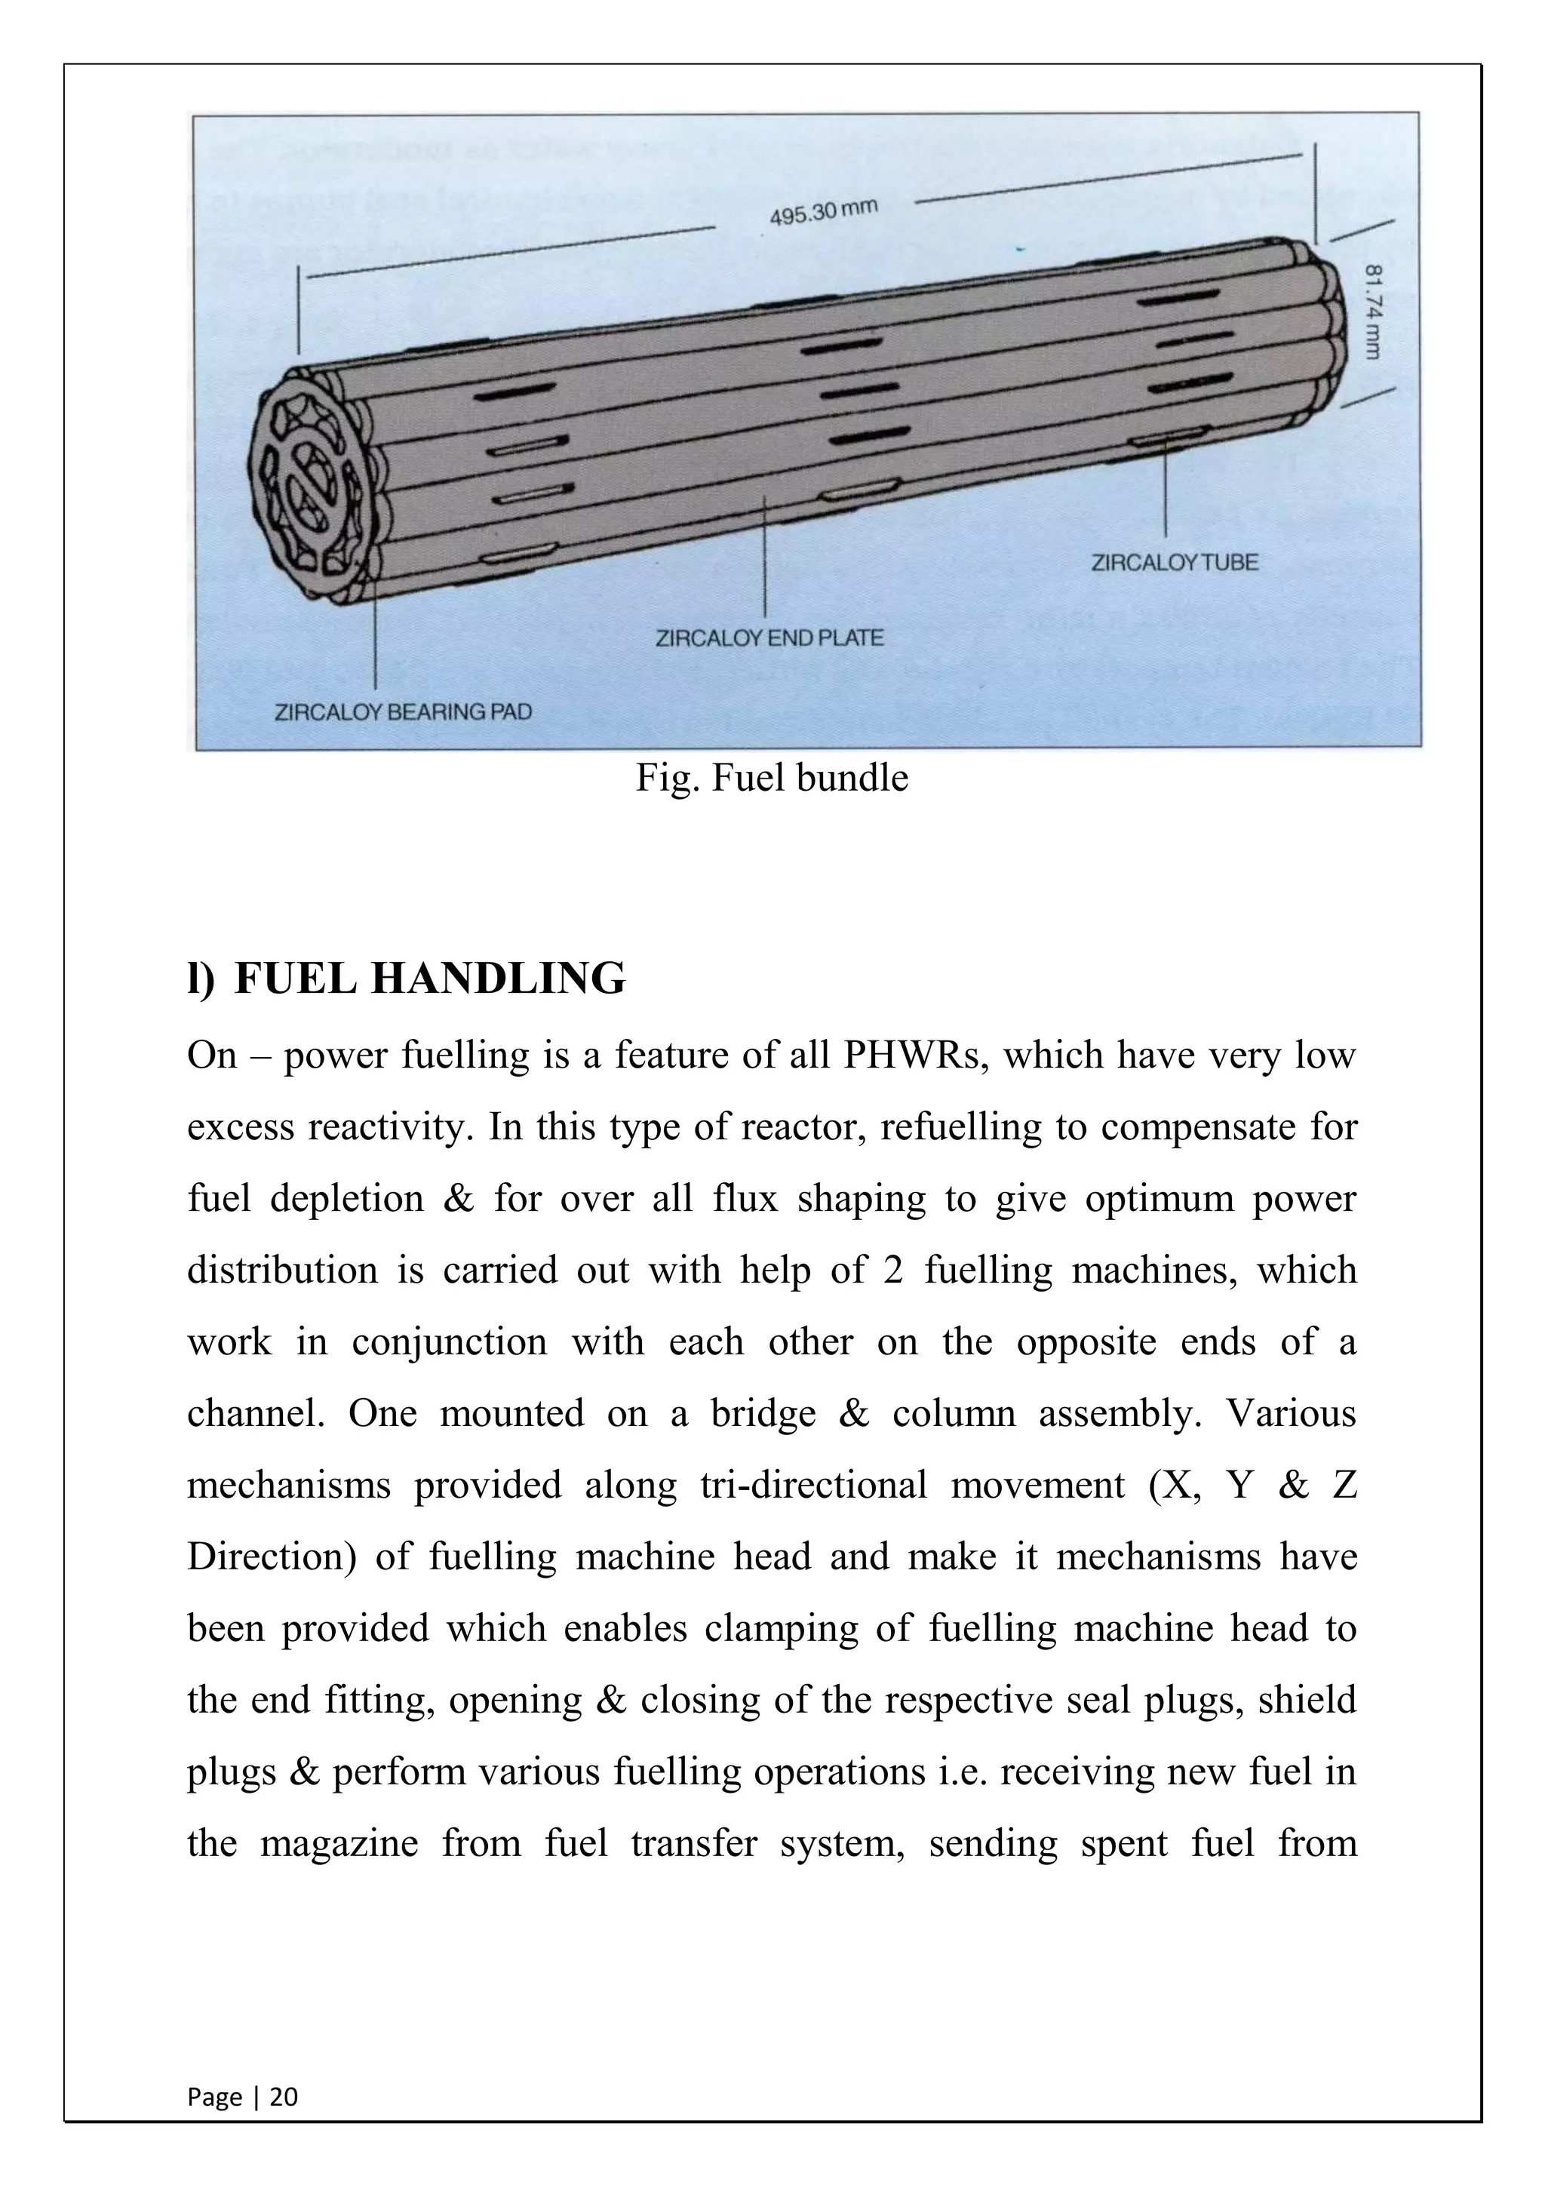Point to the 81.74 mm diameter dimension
pyautogui.click(x=1371, y=311)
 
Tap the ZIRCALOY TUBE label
pyautogui.click(x=1174, y=562)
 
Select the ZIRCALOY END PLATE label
pyautogui.click(x=769, y=638)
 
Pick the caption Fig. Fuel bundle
pyautogui.click(x=772, y=779)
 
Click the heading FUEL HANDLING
pyautogui.click(x=429, y=979)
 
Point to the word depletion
pyautogui.click(x=346, y=1198)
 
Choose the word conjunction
pyautogui.click(x=449, y=1341)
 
